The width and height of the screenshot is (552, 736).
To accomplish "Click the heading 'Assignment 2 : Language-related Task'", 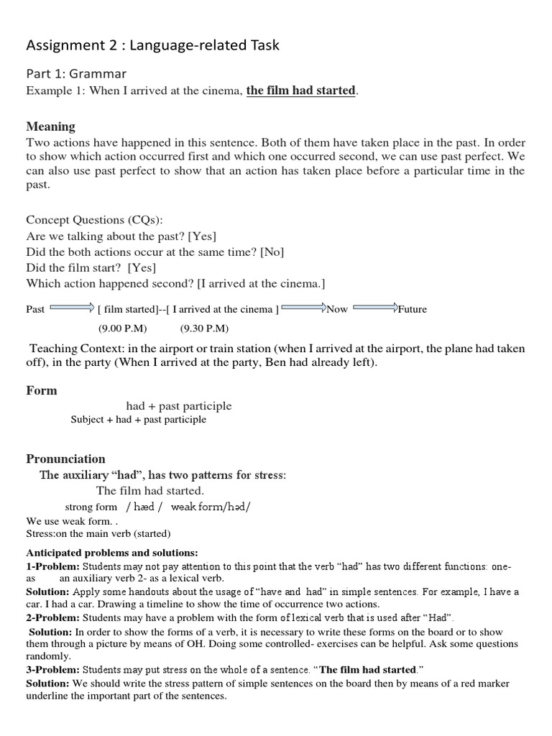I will (x=152, y=45).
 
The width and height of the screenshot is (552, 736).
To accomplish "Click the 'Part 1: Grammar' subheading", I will (x=76, y=73).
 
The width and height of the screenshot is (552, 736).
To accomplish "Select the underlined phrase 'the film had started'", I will (x=300, y=91).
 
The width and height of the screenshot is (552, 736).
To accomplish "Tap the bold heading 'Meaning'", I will (x=50, y=126).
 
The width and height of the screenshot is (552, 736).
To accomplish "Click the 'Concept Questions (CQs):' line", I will (x=99, y=220).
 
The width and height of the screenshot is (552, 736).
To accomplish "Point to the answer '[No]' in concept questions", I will (x=272, y=252).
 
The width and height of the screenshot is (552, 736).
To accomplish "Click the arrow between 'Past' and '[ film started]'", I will (x=72, y=309).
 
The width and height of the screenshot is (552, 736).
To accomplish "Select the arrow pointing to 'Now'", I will (x=303, y=309).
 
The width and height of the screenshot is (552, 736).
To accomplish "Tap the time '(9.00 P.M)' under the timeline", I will (x=122, y=328).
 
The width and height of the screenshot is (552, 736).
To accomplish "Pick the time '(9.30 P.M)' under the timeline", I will (x=204, y=328).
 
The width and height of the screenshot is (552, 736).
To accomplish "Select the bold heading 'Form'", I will (x=42, y=391).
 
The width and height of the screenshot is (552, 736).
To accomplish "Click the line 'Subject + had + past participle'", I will (x=138, y=420).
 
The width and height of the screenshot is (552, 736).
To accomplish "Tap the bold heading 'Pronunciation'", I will (x=65, y=459).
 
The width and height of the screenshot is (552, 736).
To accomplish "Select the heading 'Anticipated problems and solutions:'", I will (x=111, y=553).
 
